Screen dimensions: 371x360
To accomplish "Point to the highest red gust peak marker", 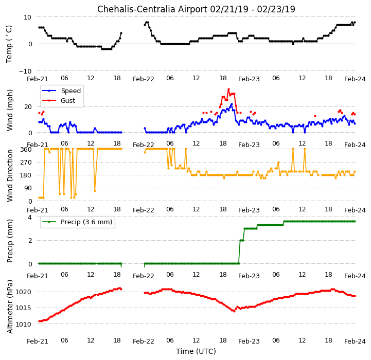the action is (x=228, y=89).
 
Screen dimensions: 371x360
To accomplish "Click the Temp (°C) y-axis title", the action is (x=9, y=44).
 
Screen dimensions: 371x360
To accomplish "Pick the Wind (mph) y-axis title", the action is (x=9, y=110).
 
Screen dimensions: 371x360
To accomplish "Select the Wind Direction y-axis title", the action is (x=9, y=175).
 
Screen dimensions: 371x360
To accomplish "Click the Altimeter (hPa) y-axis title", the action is (x=9, y=307).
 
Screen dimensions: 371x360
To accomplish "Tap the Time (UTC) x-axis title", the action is (x=196, y=351).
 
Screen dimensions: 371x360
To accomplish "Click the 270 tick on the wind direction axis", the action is (x=26, y=163).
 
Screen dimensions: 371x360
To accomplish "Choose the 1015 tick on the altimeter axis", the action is (x=24, y=308).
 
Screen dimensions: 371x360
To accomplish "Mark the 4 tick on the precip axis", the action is (x=30, y=217).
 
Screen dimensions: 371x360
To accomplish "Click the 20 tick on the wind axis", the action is (x=28, y=107).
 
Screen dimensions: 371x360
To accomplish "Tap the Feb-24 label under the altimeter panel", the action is (x=355, y=341).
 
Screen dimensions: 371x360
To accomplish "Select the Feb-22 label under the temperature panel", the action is (x=144, y=79).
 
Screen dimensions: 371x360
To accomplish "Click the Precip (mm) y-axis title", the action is (x=9, y=241).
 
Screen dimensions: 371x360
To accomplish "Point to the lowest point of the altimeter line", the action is (x=234, y=311).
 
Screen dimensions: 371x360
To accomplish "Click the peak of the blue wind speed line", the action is (x=232, y=104).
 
